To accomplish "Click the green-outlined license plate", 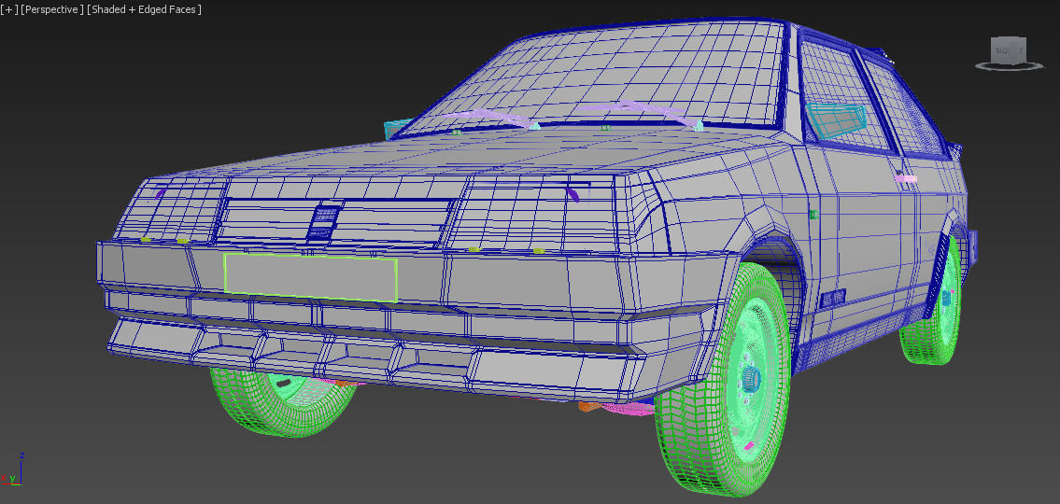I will [x=310, y=277].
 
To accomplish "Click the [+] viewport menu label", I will [x=7, y=9].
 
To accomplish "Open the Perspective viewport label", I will [x=52, y=9].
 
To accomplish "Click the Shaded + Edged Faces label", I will [x=144, y=9].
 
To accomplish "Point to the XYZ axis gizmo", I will [x=14, y=470].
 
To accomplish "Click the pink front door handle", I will [x=906, y=177].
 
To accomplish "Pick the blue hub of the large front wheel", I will [x=751, y=379].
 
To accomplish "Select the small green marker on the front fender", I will [x=813, y=215].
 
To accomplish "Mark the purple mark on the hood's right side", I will [x=572, y=193].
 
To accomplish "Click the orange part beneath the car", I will [x=587, y=405].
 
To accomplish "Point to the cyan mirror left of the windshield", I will [x=396, y=130].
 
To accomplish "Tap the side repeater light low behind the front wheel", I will [x=832, y=298].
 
